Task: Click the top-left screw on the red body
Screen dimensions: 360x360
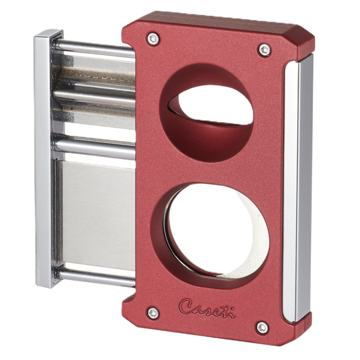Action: click(151, 39)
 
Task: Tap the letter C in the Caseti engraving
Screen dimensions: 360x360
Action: click(187, 302)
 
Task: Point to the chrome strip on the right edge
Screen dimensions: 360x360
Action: click(301, 191)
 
